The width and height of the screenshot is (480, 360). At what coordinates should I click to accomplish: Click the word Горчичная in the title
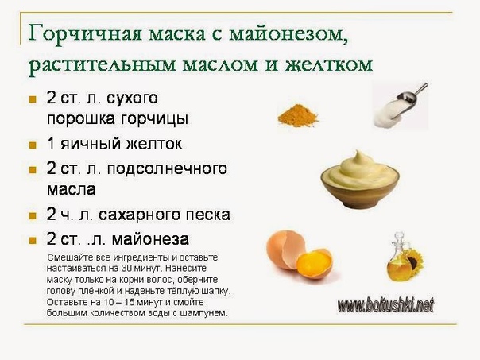tap(85, 33)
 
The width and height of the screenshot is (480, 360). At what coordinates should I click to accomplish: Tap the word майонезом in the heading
tap(288, 34)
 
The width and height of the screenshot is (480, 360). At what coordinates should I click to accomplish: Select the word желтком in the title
tap(329, 64)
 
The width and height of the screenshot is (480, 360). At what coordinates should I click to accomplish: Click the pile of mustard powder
tap(298, 115)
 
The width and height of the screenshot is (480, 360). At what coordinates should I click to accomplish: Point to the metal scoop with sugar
tap(400, 105)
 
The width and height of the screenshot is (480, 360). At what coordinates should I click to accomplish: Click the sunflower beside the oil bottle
tap(414, 261)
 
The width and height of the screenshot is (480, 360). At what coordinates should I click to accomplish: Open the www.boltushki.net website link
tap(385, 305)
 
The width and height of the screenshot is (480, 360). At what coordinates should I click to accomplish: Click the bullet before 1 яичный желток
tap(33, 145)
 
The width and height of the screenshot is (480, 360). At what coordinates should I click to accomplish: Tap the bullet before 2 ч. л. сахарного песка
tap(33, 216)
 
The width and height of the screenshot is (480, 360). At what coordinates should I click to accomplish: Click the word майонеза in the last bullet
tap(150, 239)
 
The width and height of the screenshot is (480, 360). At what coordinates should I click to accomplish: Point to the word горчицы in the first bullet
tap(154, 119)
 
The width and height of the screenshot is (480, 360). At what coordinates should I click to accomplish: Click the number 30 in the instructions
tap(126, 269)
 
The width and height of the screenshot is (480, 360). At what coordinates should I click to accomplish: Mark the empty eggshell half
tap(285, 250)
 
